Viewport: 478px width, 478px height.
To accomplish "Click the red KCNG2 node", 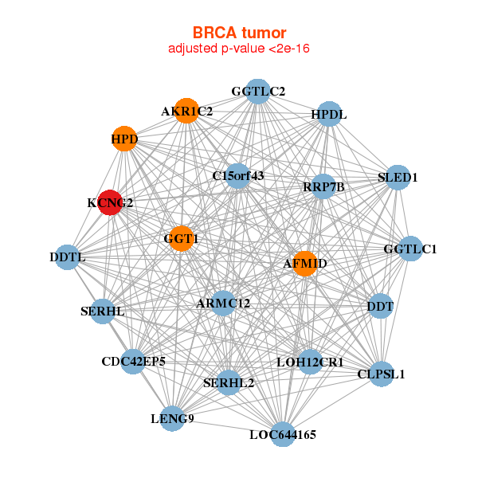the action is point(110,202).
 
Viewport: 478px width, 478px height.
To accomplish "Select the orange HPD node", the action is point(123,139).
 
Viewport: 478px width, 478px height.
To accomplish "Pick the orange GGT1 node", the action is point(182,238).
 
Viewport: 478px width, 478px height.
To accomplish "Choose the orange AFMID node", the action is point(304,263).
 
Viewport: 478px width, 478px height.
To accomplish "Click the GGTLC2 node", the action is point(257,92).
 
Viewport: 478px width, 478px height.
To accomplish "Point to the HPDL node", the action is point(329,115).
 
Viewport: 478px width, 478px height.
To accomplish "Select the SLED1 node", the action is point(397,177).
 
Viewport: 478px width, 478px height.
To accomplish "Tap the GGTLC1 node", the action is point(409,249).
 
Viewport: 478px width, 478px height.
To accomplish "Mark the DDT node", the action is point(380,306).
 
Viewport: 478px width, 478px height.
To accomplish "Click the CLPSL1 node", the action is point(382,374).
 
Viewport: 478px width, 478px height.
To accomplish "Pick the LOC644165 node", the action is point(283,434).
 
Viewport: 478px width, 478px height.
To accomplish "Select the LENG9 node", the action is point(173,417).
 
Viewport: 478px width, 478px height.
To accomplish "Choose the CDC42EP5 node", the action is point(133,362).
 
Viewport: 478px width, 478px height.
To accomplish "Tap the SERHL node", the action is point(102,311).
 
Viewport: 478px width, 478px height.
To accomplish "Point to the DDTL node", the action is point(68,257).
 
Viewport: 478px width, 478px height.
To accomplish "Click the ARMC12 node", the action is point(223,303).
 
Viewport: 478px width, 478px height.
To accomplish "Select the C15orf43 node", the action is point(238,175).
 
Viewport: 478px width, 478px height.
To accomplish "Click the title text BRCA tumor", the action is point(239,33).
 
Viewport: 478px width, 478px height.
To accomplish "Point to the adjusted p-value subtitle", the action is point(239,49).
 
